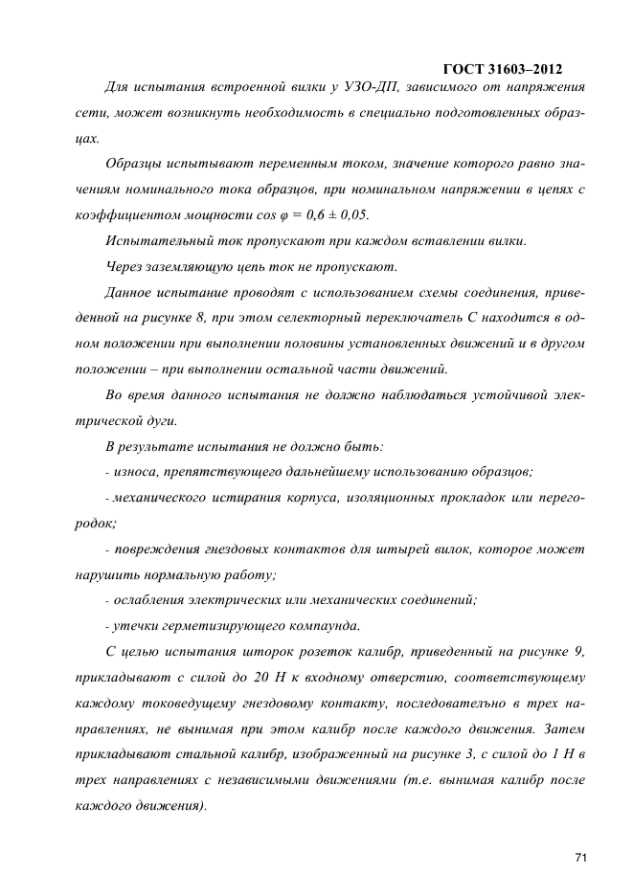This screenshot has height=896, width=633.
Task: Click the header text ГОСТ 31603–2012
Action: coord(503,69)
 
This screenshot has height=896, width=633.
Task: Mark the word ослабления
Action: coord(149,600)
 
